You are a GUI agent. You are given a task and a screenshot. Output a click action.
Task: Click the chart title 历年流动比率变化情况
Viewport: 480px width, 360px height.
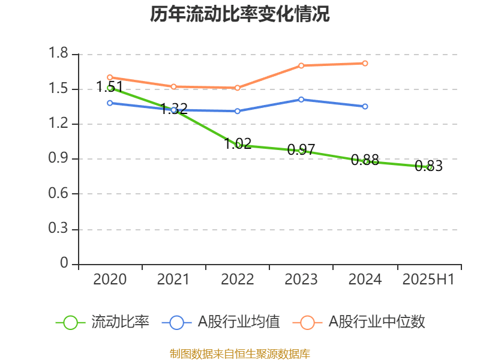240,14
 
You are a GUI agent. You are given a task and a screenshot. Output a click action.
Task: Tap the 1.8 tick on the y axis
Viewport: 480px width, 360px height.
59,54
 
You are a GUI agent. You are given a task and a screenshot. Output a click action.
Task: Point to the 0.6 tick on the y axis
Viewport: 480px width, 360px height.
59,194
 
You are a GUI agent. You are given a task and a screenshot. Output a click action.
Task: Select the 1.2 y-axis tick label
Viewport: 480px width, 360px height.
59,124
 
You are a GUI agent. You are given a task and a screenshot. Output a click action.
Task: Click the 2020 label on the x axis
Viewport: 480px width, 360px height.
110,280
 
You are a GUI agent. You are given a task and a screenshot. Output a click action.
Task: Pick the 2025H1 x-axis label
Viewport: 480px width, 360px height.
428,280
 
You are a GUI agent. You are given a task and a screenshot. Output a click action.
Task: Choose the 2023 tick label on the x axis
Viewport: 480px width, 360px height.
301,280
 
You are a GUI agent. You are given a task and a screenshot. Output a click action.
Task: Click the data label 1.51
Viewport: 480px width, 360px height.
110,87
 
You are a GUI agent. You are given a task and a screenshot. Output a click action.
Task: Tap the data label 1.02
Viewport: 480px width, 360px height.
238,143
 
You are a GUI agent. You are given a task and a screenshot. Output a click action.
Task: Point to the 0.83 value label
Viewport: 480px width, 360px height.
428,166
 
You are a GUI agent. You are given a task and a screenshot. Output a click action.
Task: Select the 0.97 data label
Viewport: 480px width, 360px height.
301,150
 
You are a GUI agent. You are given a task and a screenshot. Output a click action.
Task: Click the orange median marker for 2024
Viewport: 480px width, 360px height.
365,63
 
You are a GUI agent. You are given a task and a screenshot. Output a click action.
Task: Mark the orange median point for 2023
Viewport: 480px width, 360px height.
301,65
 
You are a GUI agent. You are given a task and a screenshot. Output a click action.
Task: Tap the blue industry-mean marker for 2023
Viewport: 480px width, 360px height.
301,100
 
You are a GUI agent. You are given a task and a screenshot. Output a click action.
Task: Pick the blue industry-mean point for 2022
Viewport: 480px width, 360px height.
238,111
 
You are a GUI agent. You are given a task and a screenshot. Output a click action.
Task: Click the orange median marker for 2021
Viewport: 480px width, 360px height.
173,86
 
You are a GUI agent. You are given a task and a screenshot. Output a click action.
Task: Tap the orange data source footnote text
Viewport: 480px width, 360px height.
240,353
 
